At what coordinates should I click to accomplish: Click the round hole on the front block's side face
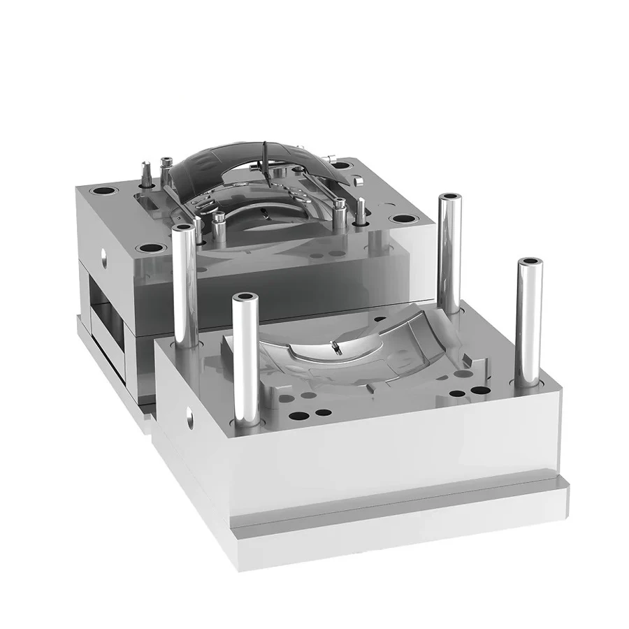point(189,421)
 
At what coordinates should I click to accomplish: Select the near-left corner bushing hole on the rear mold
point(150,248)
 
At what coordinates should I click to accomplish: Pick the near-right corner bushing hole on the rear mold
point(401,219)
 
